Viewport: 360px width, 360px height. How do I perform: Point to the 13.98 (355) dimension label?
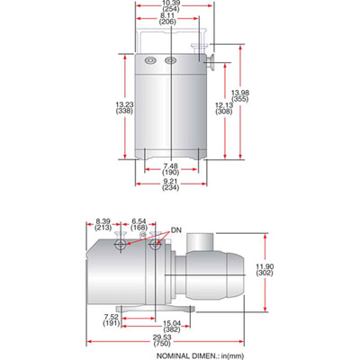(239, 98)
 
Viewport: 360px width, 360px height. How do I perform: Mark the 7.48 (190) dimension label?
(168, 168)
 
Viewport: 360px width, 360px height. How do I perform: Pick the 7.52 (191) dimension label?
(111, 320)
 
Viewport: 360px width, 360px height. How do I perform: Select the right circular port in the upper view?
(170, 61)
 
